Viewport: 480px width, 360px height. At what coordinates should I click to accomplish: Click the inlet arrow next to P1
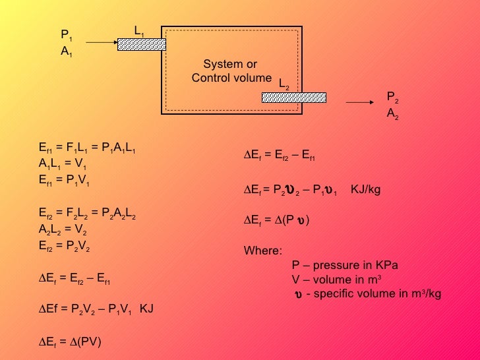pyautogui.click(x=102, y=43)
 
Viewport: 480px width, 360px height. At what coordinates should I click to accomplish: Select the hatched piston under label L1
pyautogui.click(x=142, y=44)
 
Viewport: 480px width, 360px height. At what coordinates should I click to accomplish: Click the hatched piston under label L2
pyautogui.click(x=294, y=98)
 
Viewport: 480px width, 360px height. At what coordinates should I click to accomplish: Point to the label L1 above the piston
pyautogui.click(x=138, y=30)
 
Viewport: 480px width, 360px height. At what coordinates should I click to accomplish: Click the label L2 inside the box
pyautogui.click(x=284, y=84)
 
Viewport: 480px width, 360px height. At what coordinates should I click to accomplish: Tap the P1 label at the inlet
pyautogui.click(x=66, y=34)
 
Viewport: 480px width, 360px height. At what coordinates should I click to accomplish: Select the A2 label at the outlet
pyautogui.click(x=392, y=113)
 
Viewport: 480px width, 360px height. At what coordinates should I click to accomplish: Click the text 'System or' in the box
pyautogui.click(x=230, y=65)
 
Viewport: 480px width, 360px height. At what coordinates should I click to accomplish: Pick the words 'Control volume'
pyautogui.click(x=231, y=78)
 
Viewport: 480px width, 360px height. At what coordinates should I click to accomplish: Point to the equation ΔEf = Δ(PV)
pyautogui.click(x=71, y=342)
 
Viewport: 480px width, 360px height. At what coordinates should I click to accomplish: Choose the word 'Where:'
pyautogui.click(x=262, y=251)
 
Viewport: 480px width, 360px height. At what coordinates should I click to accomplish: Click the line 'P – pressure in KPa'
pyautogui.click(x=345, y=266)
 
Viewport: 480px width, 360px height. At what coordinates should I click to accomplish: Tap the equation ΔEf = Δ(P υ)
pyautogui.click(x=277, y=220)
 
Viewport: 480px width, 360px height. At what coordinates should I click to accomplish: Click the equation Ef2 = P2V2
pyautogui.click(x=65, y=246)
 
